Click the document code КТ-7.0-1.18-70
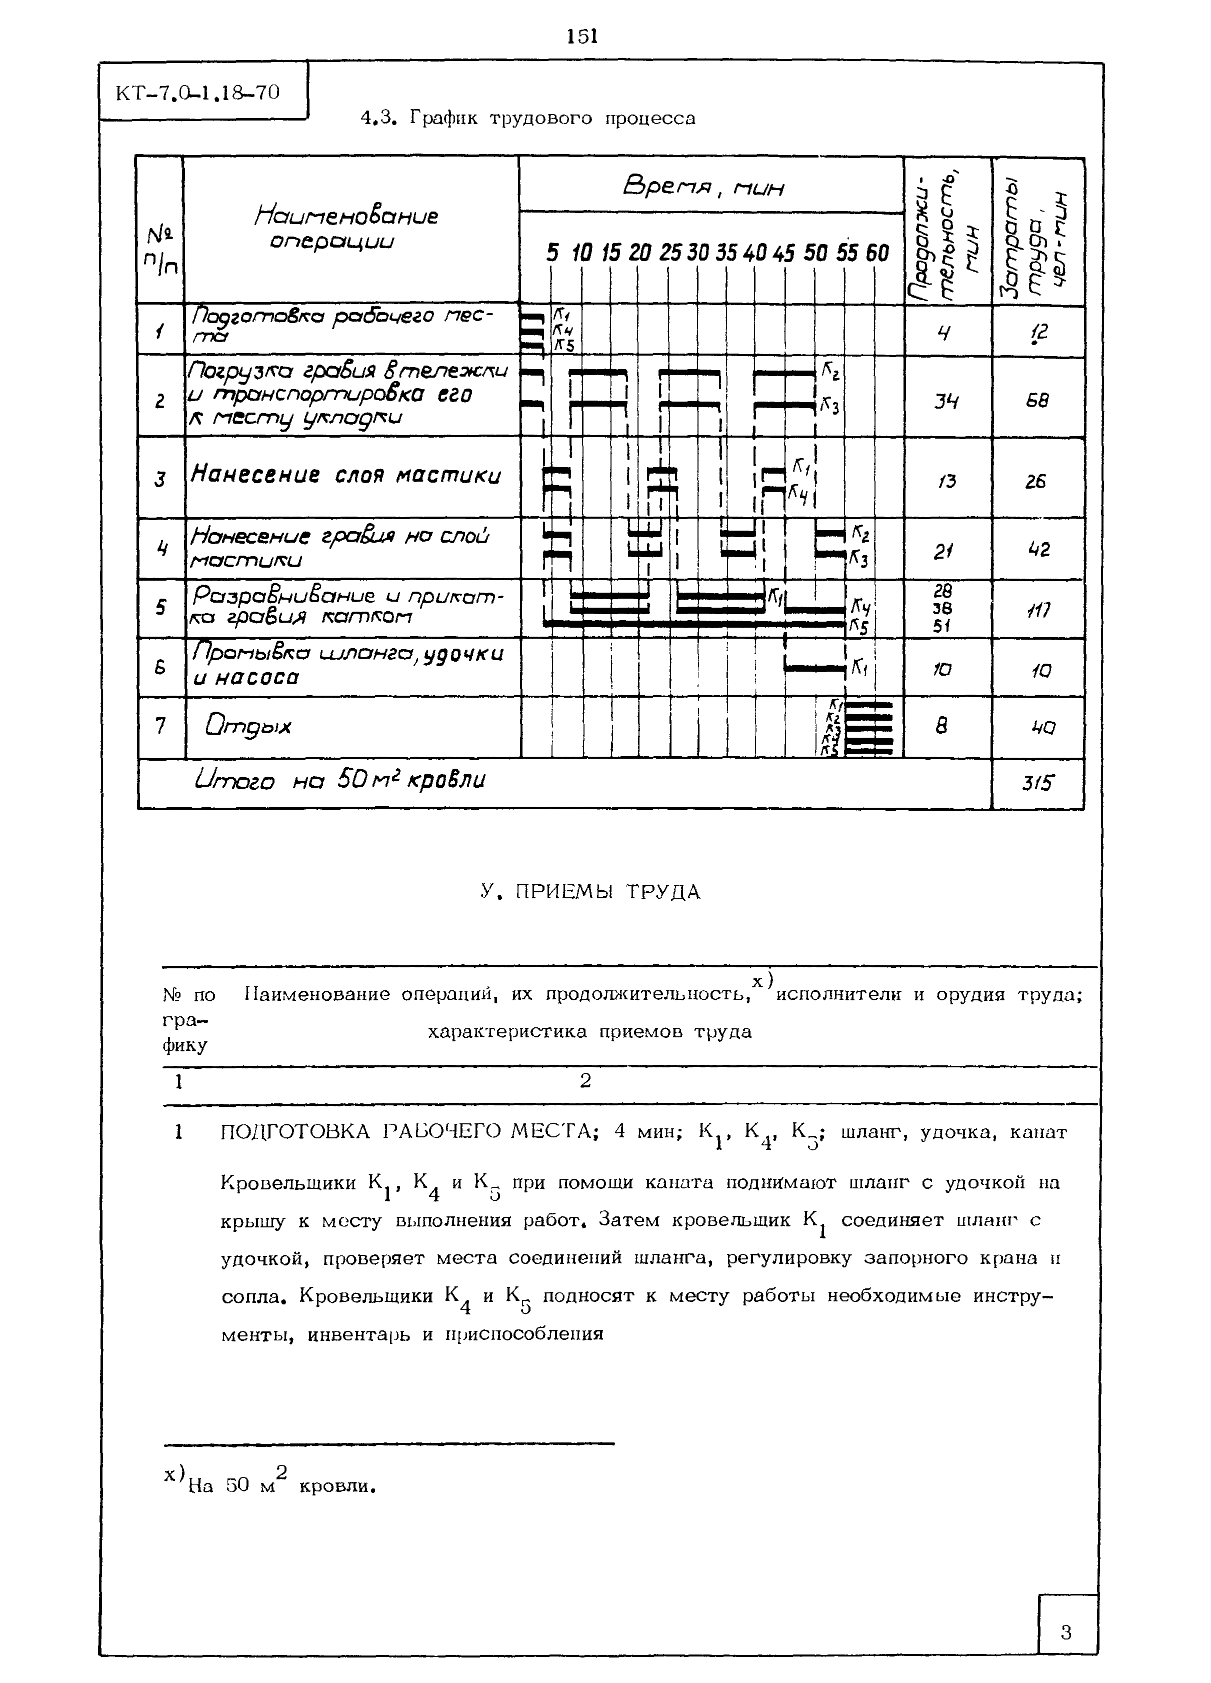(197, 93)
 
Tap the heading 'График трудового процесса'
(527, 119)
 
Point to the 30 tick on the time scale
(697, 253)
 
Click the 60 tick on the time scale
(877, 253)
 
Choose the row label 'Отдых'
(248, 726)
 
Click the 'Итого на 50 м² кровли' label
(340, 781)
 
